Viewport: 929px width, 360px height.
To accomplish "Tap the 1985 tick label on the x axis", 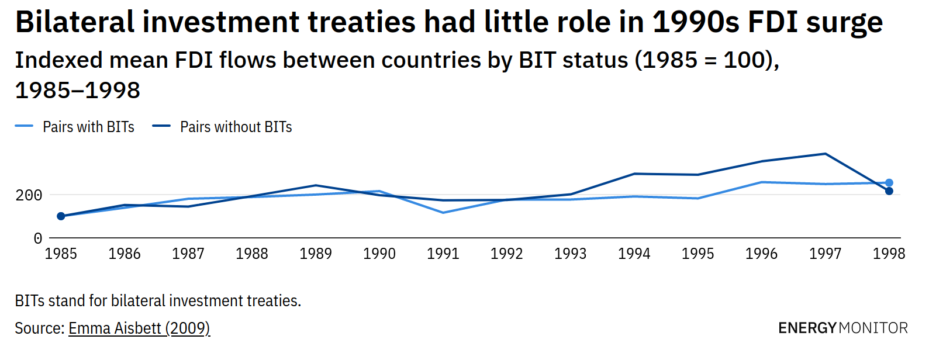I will pyautogui.click(x=61, y=254).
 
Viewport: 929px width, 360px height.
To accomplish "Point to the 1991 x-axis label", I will pyautogui.click(x=443, y=254).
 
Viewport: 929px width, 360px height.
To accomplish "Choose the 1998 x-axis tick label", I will pyautogui.click(x=889, y=254).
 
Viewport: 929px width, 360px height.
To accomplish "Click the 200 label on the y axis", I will pyautogui.click(x=29, y=195).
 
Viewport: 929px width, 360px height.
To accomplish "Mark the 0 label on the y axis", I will pyautogui.click(x=38, y=238).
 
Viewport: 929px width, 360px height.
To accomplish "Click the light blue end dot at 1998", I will pyautogui.click(x=889, y=183).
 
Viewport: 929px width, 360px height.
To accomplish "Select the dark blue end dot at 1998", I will pyautogui.click(x=889, y=191).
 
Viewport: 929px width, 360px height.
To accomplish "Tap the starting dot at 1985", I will pyautogui.click(x=61, y=216).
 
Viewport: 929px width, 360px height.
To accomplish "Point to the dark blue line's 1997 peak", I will pyautogui.click(x=825, y=154).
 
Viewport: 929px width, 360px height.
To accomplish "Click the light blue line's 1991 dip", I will pyautogui.click(x=443, y=213).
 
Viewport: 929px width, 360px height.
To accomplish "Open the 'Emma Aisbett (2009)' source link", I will pyautogui.click(x=139, y=328).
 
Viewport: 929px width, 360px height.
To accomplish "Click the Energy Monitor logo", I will pyautogui.click(x=842, y=328).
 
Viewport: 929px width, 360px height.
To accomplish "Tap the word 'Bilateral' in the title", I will pyautogui.click(x=75, y=22).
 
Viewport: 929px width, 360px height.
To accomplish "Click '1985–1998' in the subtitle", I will pyautogui.click(x=78, y=90).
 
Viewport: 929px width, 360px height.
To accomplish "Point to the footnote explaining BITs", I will pyautogui.click(x=158, y=301).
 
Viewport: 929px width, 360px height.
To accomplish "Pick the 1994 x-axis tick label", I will pyautogui.click(x=634, y=254).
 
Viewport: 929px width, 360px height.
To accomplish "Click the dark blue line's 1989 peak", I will pyautogui.click(x=316, y=185).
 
